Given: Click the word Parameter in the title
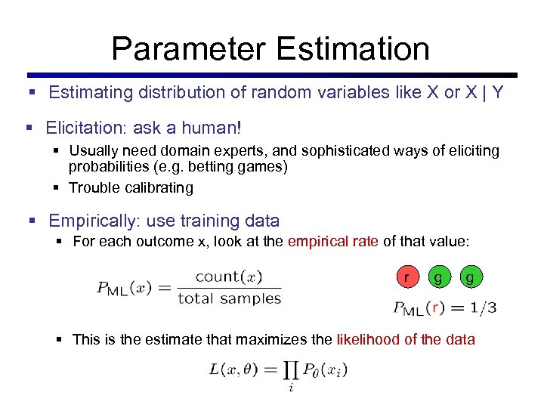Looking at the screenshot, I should coord(188,48).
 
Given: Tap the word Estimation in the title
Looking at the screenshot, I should coord(353,48).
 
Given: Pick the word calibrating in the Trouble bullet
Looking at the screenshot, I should coord(157,187).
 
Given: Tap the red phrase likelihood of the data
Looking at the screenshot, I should coord(406,339).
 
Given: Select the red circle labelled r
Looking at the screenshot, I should coord(407,277).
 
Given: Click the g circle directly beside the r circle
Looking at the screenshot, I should coord(438,277).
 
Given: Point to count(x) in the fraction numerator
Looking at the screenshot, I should coord(229,277).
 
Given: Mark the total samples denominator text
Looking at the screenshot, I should coord(229,298).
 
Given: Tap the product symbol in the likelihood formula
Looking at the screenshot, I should coord(291,369).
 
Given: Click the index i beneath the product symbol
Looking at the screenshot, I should coord(291,388).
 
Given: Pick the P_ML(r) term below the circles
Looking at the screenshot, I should coord(418,308).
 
